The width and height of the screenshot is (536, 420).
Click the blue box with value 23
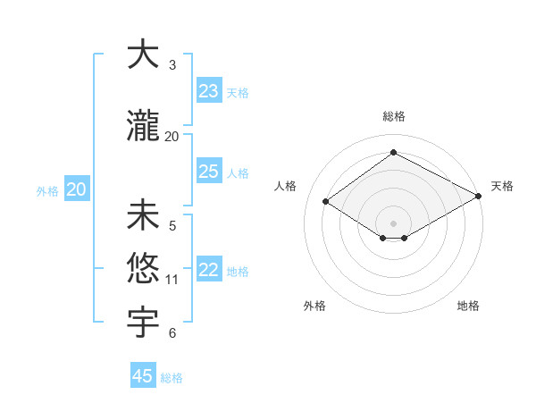click(x=209, y=91)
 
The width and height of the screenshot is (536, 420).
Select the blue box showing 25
click(x=209, y=172)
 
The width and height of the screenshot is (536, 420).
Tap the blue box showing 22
click(x=209, y=270)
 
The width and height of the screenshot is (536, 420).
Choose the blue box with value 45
click(x=143, y=376)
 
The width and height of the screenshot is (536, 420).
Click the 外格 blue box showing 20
click(x=77, y=189)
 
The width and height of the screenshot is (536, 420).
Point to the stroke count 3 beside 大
click(x=172, y=65)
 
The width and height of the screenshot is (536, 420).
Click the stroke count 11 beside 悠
click(x=172, y=280)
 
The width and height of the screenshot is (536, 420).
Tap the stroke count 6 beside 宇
click(x=172, y=333)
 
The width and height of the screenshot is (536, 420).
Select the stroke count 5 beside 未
click(x=172, y=225)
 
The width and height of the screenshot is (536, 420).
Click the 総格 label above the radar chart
click(x=393, y=116)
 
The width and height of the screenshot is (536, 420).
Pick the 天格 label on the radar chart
click(x=502, y=186)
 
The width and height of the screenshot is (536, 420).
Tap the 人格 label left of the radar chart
click(x=286, y=186)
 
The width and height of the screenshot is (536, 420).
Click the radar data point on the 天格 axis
click(x=480, y=197)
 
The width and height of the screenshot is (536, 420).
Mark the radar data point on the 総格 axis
click(x=393, y=152)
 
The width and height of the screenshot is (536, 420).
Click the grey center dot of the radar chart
click(x=393, y=222)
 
